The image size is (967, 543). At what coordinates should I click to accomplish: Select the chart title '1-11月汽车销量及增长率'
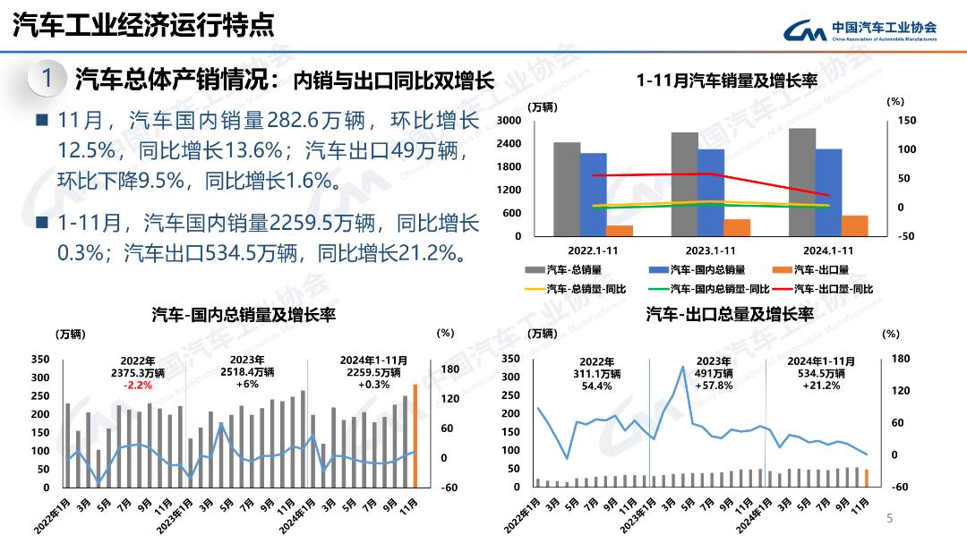pyautogui.click(x=727, y=81)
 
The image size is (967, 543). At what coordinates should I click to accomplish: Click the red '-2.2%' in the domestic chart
pyautogui.click(x=138, y=385)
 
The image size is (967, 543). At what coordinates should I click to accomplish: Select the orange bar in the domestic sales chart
pyautogui.click(x=415, y=436)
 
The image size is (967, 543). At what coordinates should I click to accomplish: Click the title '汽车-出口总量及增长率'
pyautogui.click(x=730, y=315)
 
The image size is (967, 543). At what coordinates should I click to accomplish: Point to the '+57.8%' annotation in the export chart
pyautogui.click(x=715, y=386)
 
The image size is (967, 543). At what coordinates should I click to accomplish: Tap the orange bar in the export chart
pyautogui.click(x=867, y=478)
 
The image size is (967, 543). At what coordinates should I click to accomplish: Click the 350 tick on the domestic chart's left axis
pyautogui.click(x=40, y=359)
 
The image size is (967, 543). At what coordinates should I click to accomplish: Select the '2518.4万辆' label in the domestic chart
pyautogui.click(x=247, y=372)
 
